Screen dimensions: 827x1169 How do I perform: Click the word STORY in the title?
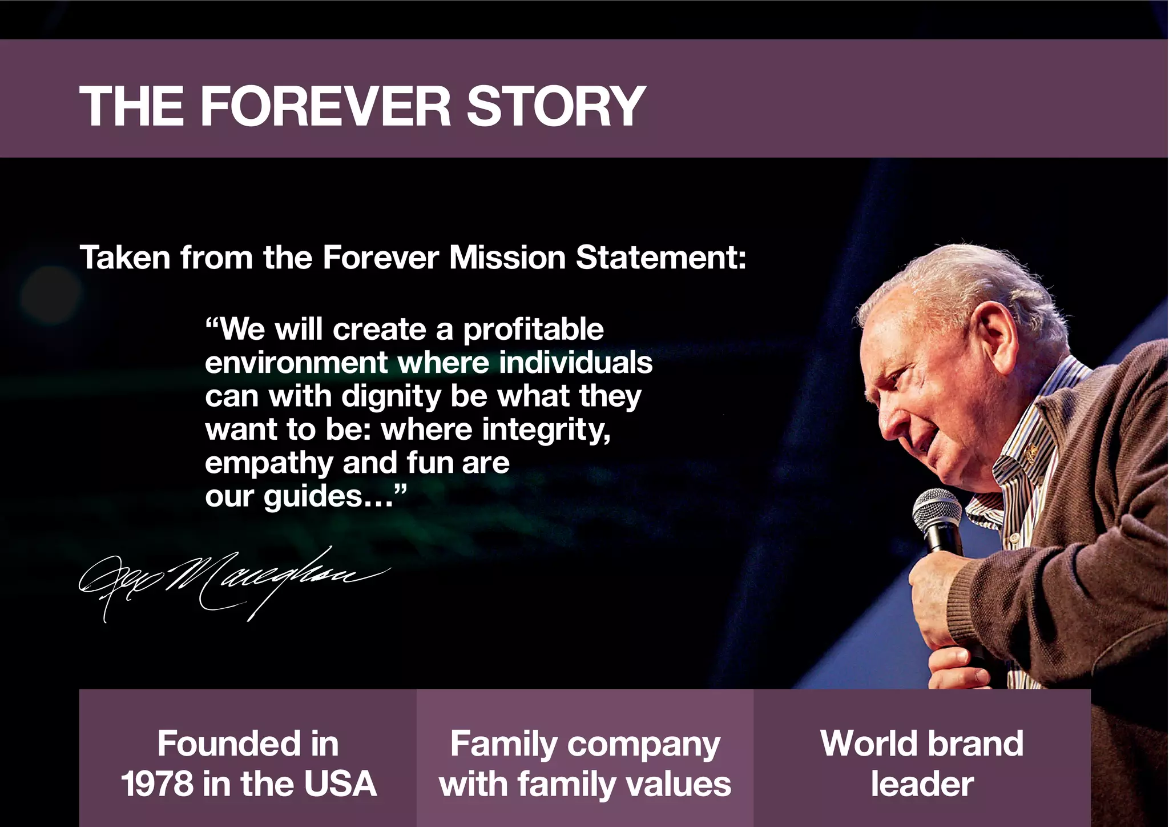click(x=557, y=106)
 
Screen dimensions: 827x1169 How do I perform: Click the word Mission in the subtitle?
click(x=508, y=258)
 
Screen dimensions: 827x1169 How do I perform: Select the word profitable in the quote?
click(x=533, y=330)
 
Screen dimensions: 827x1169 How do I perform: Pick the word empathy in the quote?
click(x=268, y=463)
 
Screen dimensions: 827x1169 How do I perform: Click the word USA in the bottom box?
click(x=341, y=784)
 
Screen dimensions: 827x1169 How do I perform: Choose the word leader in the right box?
click(x=922, y=784)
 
